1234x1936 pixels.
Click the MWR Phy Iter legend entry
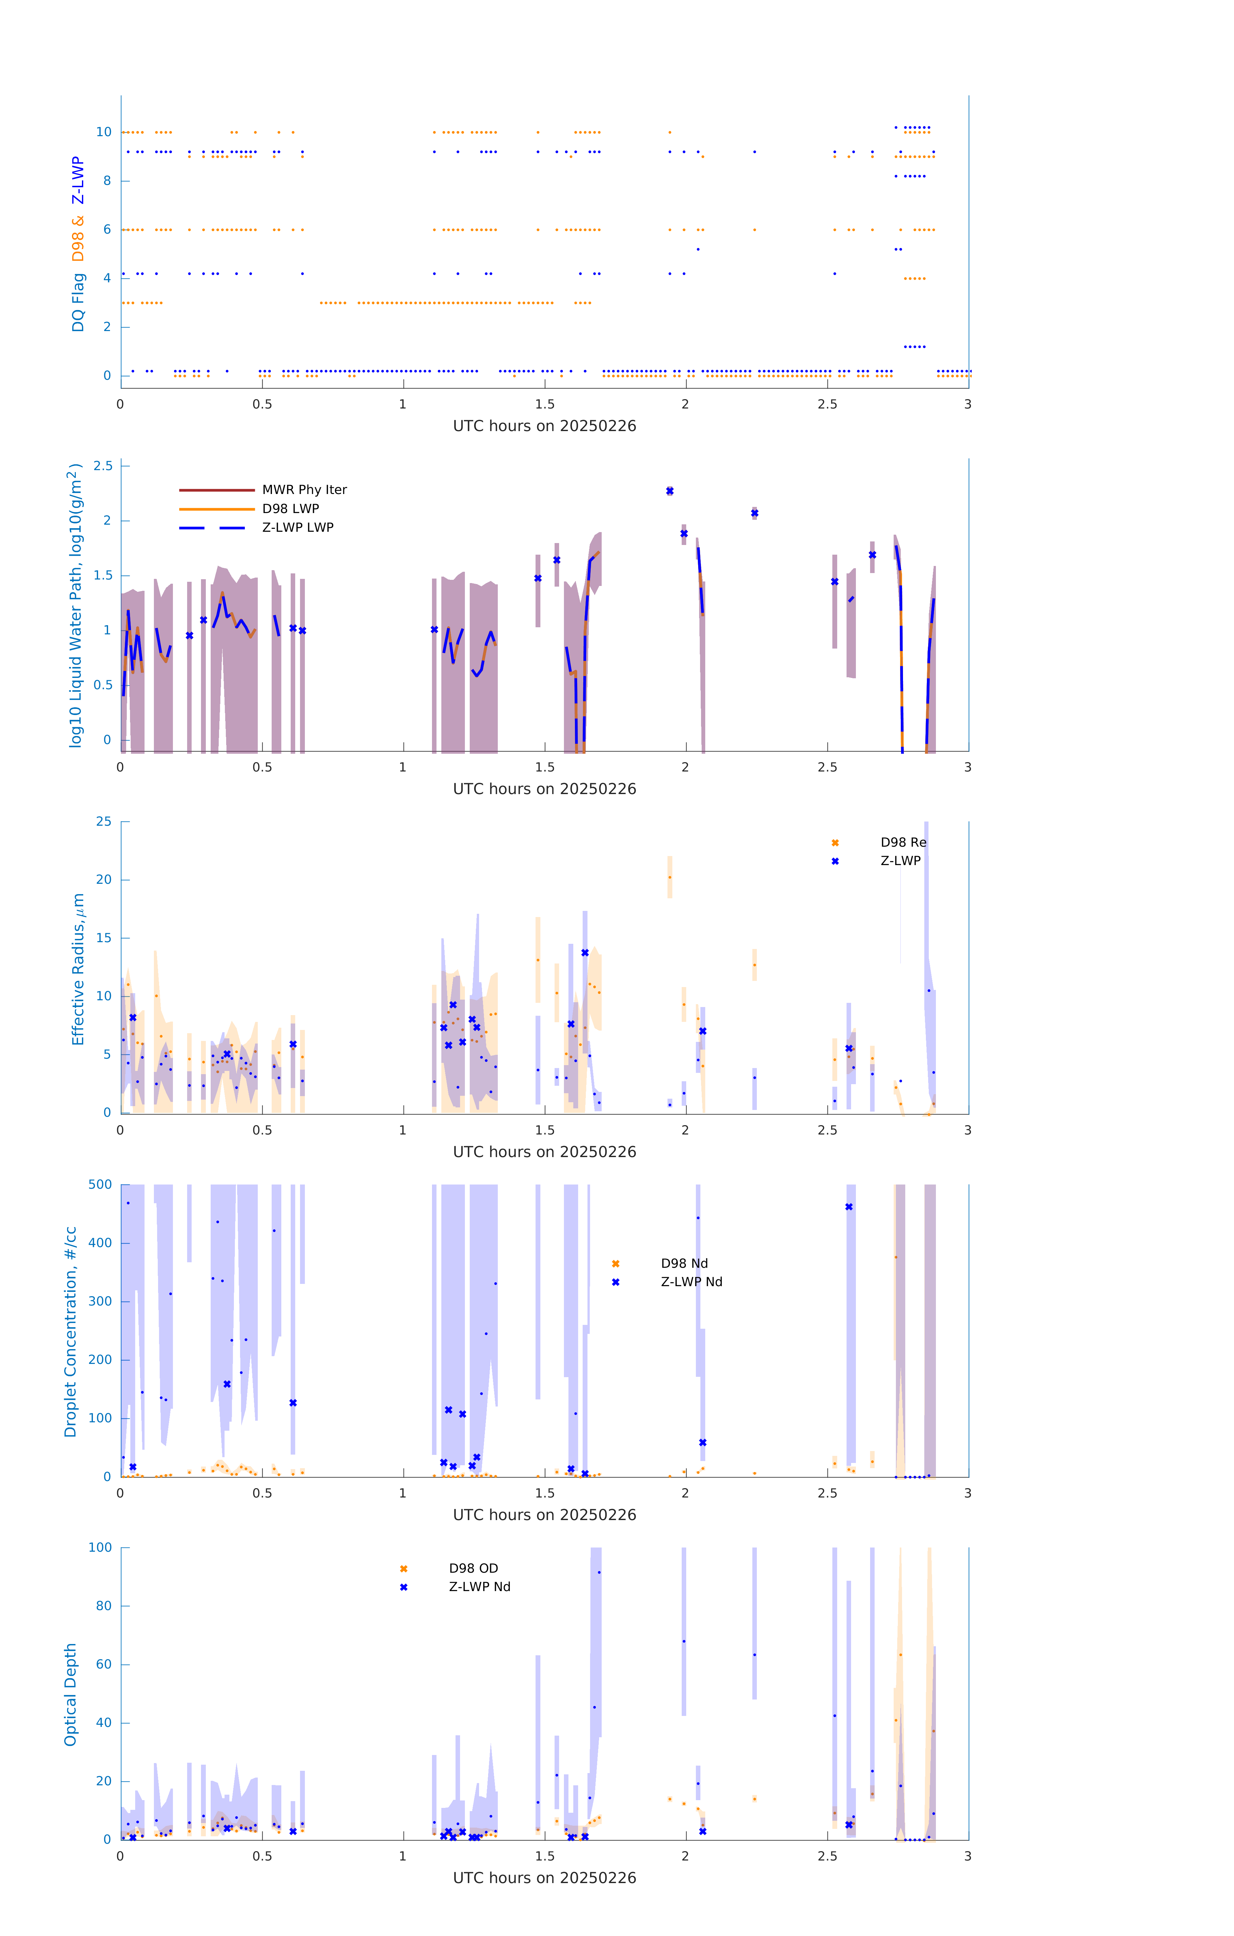click(x=304, y=489)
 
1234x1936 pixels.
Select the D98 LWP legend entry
click(x=290, y=508)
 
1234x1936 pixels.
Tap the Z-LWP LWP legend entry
click(x=297, y=528)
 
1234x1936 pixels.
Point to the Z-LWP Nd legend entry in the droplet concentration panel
click(x=691, y=1282)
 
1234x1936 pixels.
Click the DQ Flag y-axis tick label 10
click(x=104, y=132)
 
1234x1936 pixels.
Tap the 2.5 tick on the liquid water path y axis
click(x=103, y=466)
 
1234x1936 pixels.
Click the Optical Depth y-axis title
click(x=71, y=1694)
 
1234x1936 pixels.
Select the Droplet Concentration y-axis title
click(x=71, y=1331)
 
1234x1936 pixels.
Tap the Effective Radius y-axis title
click(x=78, y=969)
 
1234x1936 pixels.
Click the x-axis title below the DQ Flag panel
click(x=544, y=426)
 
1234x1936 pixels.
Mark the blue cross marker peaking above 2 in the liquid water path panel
click(x=670, y=490)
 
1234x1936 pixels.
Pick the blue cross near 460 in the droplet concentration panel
click(x=849, y=1207)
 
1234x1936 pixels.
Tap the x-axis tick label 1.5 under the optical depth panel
click(x=545, y=1856)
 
